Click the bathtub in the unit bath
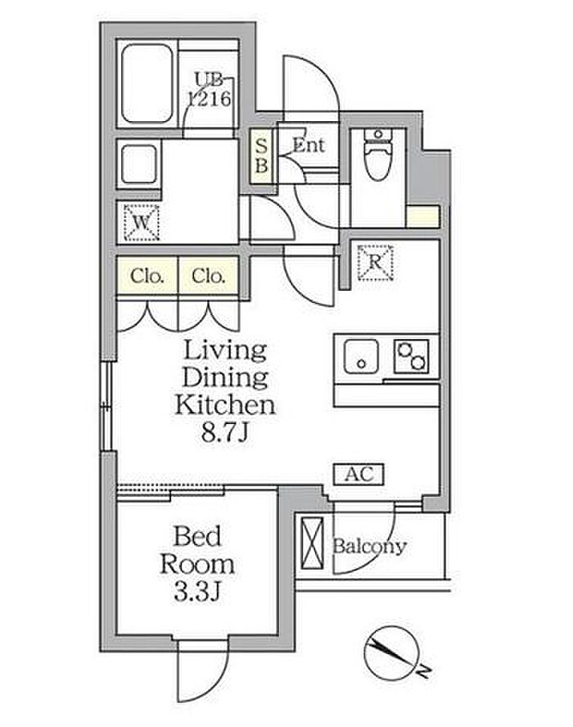coord(147,84)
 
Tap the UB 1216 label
coord(209,89)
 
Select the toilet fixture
coord(378,154)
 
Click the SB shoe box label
coord(261,156)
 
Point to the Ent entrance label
coord(309,146)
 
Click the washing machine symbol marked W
coord(142,223)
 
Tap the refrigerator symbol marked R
coord(375,263)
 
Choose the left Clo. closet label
coord(147,277)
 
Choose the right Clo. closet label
coord(208,277)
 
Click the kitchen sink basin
coord(361,357)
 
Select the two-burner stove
coord(412,357)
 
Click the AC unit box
coord(359,474)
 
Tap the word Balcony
coord(369,547)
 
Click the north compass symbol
coord(392,652)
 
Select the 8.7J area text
coord(226,433)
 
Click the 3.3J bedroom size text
coord(196,592)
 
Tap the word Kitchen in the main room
coord(225,404)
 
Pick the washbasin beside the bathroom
coord(138,165)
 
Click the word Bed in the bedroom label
coord(197,536)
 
